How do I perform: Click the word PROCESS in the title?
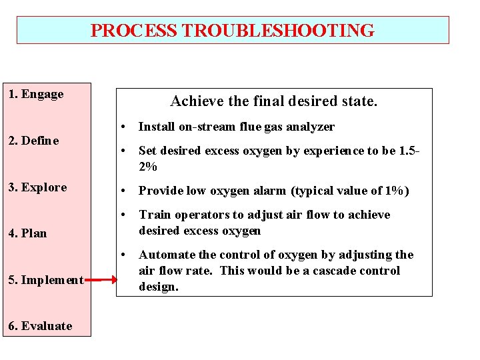134,31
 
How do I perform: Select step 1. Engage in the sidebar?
36,94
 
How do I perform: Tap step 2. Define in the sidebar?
33,141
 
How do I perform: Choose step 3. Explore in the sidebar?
37,187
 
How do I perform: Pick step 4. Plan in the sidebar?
27,233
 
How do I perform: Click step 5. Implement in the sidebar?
46,280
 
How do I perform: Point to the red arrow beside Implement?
100,280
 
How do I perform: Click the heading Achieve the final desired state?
274,101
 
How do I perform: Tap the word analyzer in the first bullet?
312,127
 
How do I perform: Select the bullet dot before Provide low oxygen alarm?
123,191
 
